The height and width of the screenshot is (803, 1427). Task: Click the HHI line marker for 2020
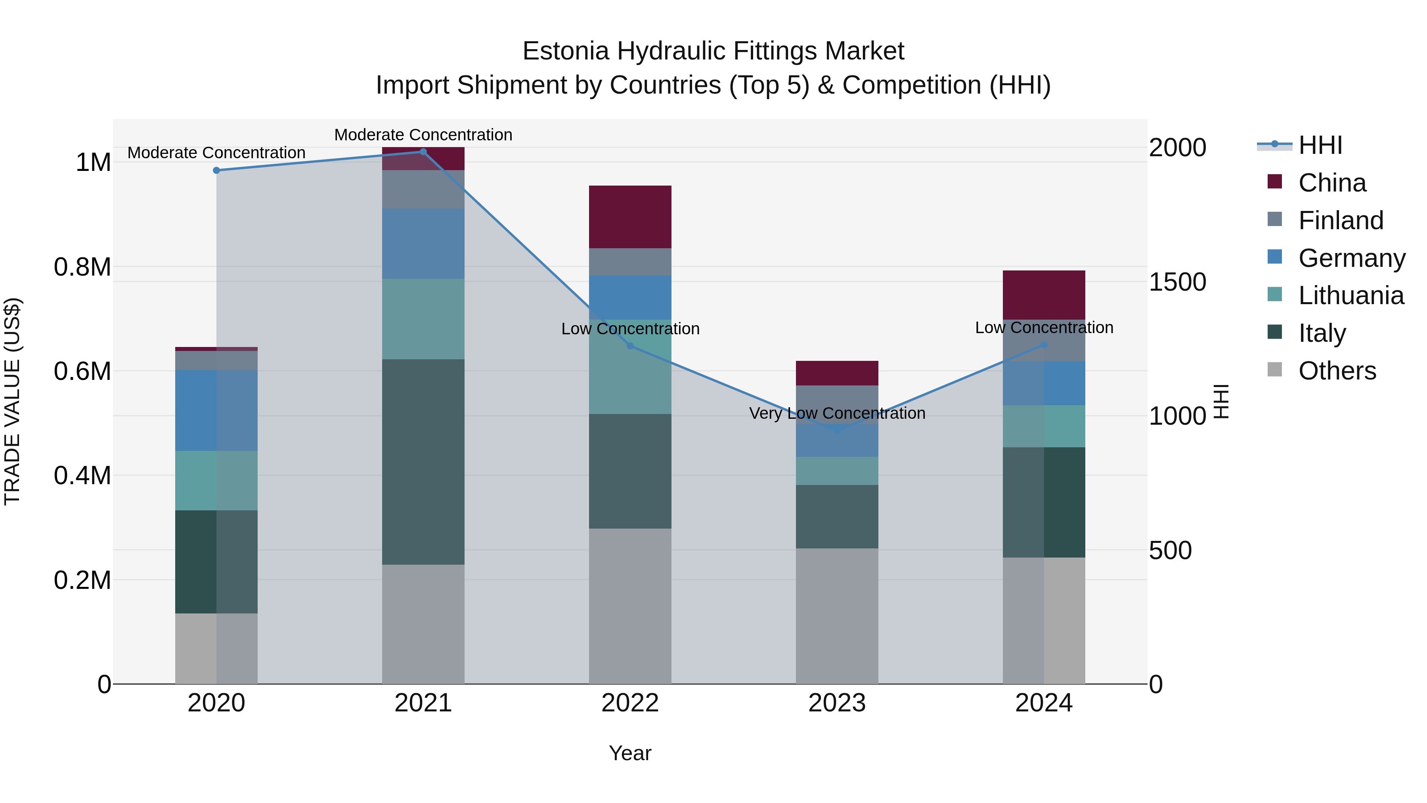[216, 170]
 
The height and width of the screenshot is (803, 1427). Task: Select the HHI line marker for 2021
[423, 152]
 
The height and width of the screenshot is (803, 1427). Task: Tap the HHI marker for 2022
[630, 346]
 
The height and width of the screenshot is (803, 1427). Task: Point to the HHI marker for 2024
[1044, 345]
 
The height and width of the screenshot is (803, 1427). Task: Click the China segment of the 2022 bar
[630, 217]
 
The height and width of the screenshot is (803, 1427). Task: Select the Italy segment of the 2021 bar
[423, 462]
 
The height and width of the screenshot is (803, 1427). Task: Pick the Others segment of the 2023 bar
[837, 616]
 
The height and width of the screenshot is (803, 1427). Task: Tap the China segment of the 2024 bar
[1044, 295]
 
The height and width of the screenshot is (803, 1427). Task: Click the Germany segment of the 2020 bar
[216, 410]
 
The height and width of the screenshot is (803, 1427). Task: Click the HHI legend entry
[1320, 145]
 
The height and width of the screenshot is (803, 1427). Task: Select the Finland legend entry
[1341, 220]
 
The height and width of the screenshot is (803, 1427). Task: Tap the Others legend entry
[1337, 371]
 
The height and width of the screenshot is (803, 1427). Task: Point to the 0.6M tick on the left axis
[82, 371]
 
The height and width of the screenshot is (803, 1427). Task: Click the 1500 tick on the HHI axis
[1177, 282]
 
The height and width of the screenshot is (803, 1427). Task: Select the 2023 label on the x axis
[837, 703]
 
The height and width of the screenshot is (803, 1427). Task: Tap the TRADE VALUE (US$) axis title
[13, 401]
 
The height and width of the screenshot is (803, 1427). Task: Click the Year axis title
[630, 753]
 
